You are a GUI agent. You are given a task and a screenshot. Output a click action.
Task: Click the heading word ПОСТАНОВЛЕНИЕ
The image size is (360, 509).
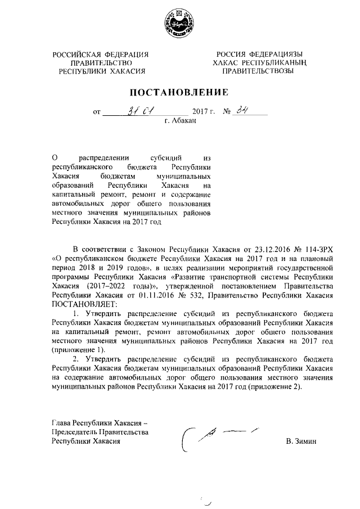coord(179,92)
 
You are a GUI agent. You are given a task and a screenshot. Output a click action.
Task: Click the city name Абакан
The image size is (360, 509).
coord(184,120)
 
